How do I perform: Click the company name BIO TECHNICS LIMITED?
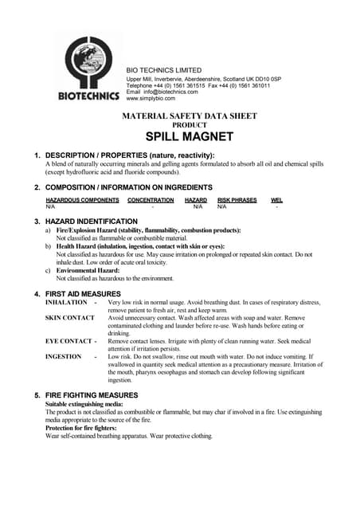point(164,70)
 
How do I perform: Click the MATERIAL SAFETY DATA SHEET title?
point(189,116)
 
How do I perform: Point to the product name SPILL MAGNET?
point(189,136)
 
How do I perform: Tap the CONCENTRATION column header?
point(151,200)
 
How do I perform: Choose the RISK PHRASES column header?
point(237,200)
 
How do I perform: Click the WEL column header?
point(276,200)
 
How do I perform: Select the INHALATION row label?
point(66,303)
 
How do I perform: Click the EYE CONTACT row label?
point(68,341)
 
